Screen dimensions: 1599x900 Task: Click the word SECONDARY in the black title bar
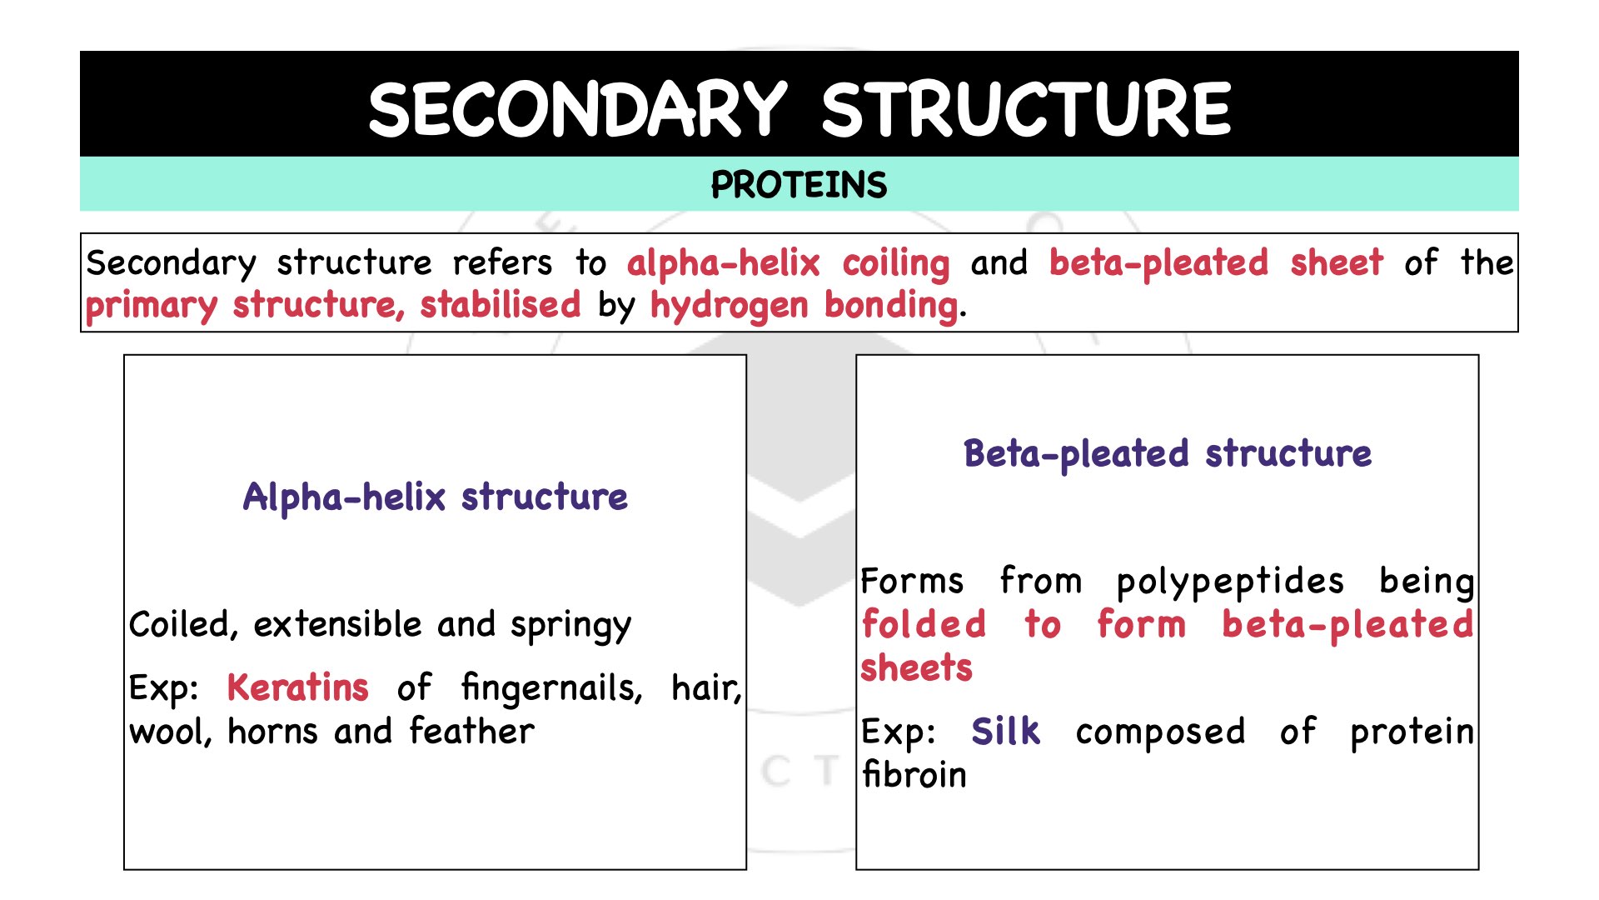(577, 109)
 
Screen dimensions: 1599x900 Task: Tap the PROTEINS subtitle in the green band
(799, 185)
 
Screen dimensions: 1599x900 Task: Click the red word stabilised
(500, 305)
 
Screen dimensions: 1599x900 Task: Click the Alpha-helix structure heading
(435, 497)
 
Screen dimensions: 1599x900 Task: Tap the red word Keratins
(297, 688)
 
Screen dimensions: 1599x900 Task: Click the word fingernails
(551, 689)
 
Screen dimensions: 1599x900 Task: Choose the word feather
(472, 732)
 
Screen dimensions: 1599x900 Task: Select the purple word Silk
(1006, 732)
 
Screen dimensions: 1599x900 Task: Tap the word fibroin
(914, 775)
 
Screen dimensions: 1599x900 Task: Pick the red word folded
(924, 624)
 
